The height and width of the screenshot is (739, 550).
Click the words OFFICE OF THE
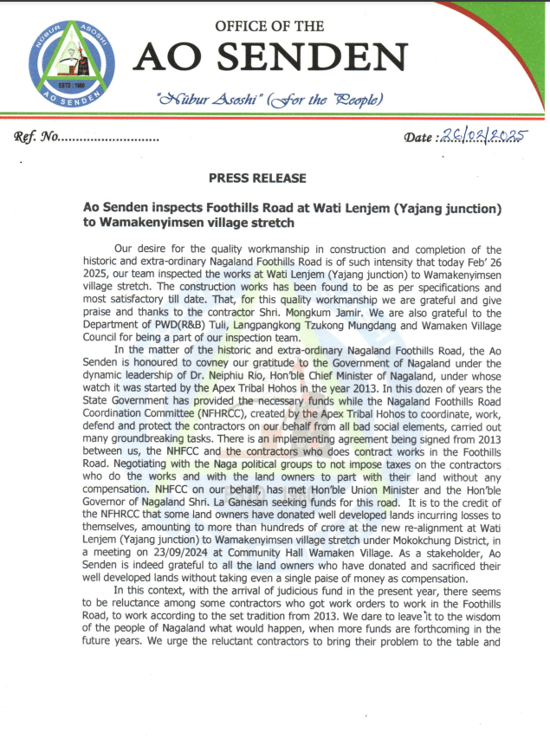pos(269,26)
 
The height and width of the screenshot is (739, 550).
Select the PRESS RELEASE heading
pos(257,178)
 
